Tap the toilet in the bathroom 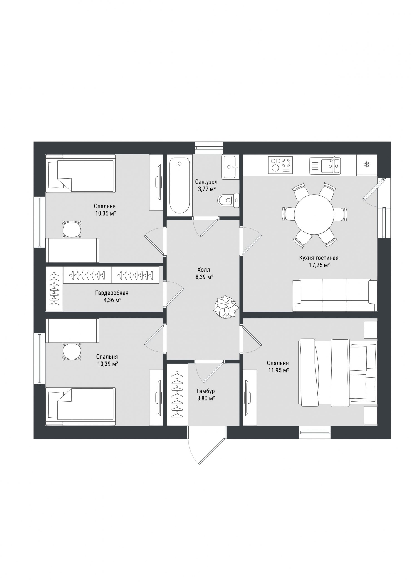click(x=228, y=200)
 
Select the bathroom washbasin click(x=230, y=167)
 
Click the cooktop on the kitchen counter click(x=280, y=165)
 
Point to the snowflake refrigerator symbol click(x=366, y=165)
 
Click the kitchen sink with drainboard click(x=325, y=166)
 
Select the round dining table click(x=314, y=214)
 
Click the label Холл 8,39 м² click(x=204, y=273)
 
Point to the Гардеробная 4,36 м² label click(x=112, y=296)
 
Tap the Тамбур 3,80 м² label click(x=206, y=395)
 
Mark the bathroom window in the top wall click(x=209, y=148)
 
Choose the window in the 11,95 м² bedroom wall click(x=315, y=432)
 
